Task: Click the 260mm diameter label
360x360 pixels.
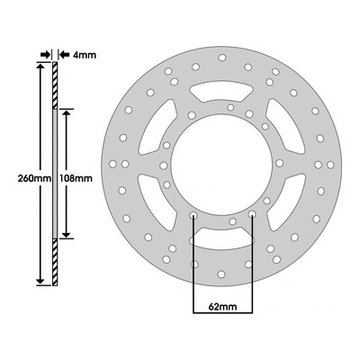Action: (x=35, y=178)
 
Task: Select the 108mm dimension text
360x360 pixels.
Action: (x=76, y=178)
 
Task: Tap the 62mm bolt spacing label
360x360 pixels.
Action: (x=222, y=307)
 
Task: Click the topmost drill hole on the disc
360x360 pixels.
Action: (x=222, y=58)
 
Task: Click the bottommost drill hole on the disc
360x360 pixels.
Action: (x=221, y=274)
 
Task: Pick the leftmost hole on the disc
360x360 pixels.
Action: (x=112, y=164)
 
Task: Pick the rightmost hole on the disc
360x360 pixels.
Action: (x=330, y=165)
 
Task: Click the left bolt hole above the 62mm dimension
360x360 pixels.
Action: (x=193, y=215)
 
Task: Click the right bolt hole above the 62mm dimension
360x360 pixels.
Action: (x=252, y=214)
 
